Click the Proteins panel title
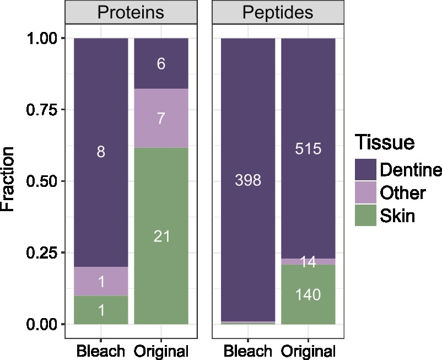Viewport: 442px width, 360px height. (x=131, y=12)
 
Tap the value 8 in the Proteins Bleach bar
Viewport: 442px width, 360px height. (x=101, y=152)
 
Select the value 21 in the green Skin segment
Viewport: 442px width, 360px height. (x=161, y=237)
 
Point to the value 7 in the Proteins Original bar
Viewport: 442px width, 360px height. (x=161, y=119)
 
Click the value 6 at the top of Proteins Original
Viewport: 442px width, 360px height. (x=161, y=64)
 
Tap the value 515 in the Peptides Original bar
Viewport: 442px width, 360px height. (x=308, y=149)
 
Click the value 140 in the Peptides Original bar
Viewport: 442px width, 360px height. (x=308, y=295)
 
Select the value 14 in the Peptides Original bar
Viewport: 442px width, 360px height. (x=308, y=262)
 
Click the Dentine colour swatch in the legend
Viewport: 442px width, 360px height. (x=364, y=169)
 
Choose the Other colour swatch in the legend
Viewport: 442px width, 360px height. (x=364, y=192)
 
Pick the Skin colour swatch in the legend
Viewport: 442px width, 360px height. (x=364, y=216)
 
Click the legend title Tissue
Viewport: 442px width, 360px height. (x=385, y=142)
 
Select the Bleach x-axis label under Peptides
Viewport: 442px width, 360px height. (x=247, y=351)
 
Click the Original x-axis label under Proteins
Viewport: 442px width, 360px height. (x=161, y=351)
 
